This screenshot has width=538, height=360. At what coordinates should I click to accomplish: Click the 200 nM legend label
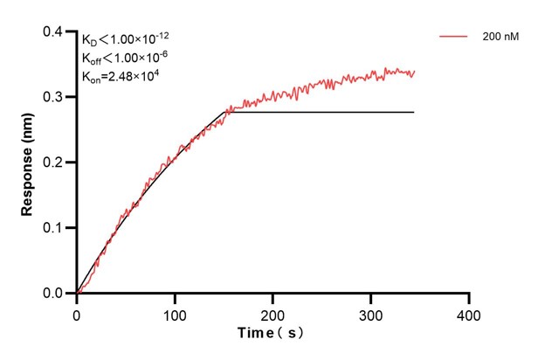tap(500, 37)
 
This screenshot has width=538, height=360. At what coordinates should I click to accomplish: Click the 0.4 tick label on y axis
tap(53, 32)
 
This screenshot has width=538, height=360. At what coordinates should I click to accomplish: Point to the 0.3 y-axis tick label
tap(53, 97)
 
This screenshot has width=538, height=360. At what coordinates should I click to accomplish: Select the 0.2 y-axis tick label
tap(53, 163)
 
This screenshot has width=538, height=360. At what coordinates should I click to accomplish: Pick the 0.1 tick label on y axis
tap(53, 228)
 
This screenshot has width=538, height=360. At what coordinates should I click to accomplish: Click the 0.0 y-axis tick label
tap(53, 294)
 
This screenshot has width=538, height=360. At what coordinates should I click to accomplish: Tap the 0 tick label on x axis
tap(77, 313)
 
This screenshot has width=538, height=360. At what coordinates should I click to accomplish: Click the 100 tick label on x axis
tap(175, 313)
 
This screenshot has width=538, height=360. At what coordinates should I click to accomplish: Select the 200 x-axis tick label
tap(273, 313)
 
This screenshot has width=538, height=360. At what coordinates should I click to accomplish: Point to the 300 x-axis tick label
tap(371, 313)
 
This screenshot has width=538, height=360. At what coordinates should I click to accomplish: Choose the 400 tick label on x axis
tap(469, 313)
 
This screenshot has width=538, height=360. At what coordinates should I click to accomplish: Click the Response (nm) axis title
tap(28, 162)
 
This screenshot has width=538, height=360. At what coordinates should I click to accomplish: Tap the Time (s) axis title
tap(273, 334)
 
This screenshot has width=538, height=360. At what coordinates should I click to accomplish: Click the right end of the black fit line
tap(413, 112)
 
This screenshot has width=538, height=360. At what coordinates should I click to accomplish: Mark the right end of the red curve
tap(414, 72)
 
